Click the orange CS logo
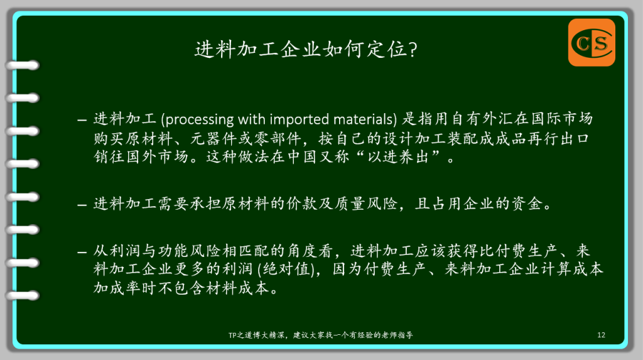[592, 42]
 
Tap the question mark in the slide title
[413, 50]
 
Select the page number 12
[601, 335]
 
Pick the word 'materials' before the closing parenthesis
[364, 119]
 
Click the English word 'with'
[251, 119]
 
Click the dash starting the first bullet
[82, 120]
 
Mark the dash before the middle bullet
[82, 204]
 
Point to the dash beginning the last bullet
[82, 252]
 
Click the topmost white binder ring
[23, 65]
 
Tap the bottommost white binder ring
[23, 295]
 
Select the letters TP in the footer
[232, 335]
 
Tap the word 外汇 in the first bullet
[498, 119]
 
